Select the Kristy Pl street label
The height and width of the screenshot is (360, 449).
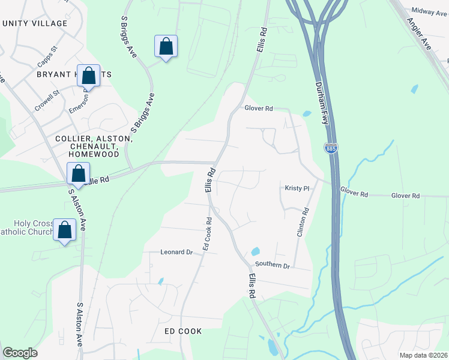[297, 188]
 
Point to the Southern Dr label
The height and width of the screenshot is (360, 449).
[273, 265]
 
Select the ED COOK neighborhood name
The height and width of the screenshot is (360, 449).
[183, 331]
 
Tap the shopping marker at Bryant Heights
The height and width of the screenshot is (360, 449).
[88, 76]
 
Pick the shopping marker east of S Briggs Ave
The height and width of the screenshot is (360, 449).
[166, 47]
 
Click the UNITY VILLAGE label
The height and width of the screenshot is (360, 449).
[35, 23]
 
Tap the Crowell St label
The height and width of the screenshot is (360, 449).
[47, 98]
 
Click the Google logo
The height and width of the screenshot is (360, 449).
[20, 353]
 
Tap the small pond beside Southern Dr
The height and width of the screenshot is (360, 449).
[255, 251]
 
